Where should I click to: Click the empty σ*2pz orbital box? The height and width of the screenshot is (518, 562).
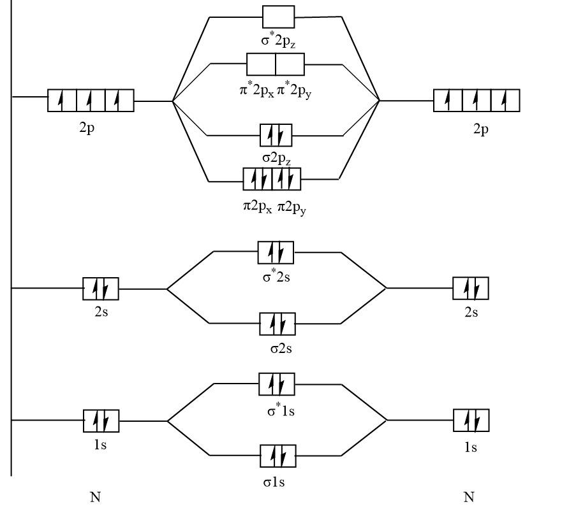click(x=278, y=17)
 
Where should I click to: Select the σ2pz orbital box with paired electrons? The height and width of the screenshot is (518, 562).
click(x=276, y=135)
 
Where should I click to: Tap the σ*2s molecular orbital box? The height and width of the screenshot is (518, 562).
click(x=276, y=252)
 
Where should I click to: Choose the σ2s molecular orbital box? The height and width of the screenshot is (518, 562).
click(x=277, y=324)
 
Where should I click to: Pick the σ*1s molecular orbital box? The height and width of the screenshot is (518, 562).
click(x=277, y=384)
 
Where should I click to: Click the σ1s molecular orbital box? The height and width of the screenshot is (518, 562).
click(x=277, y=456)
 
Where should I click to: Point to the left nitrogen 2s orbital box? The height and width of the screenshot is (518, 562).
click(x=101, y=289)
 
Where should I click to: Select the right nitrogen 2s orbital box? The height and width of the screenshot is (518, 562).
click(x=471, y=288)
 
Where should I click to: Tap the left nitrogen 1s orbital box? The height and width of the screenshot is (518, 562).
click(x=101, y=421)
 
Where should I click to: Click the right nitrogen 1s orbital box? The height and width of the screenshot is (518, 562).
click(x=471, y=421)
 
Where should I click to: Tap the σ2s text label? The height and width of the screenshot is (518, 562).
click(x=281, y=349)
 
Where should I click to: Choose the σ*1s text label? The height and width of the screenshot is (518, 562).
click(x=281, y=410)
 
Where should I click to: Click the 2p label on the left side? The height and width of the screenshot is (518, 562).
click(x=88, y=127)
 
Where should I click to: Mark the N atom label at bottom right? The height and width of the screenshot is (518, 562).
click(x=469, y=498)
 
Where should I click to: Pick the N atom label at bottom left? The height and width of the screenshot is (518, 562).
click(x=96, y=498)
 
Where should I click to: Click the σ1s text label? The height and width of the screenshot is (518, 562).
click(x=274, y=482)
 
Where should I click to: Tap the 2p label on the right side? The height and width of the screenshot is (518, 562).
click(x=481, y=129)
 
